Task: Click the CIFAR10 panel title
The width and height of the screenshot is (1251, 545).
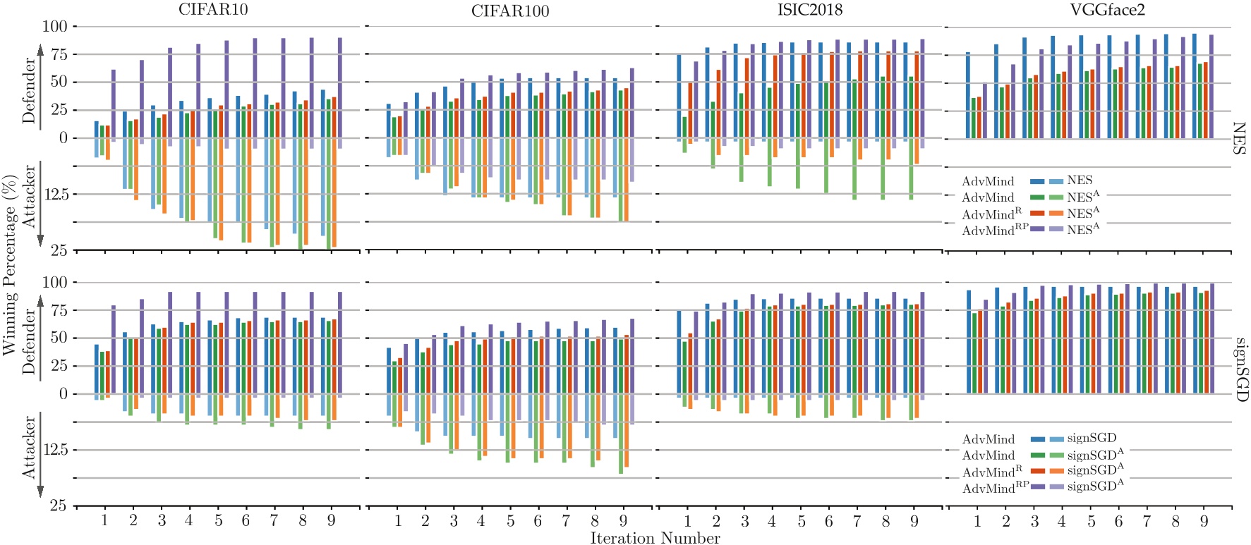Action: (x=213, y=10)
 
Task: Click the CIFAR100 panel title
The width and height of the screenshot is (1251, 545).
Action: (x=510, y=11)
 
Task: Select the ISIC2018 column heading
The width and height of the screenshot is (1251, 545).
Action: (x=810, y=10)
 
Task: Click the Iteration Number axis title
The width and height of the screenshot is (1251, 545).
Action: (x=655, y=538)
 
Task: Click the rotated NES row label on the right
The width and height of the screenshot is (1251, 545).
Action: (x=1239, y=138)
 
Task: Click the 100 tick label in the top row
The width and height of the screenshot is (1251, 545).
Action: (x=55, y=27)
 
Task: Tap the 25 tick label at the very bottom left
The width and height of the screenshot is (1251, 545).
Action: (x=59, y=506)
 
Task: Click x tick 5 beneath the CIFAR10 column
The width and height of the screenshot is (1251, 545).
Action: (x=218, y=520)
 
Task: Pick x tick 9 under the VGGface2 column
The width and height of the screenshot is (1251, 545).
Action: (x=1204, y=521)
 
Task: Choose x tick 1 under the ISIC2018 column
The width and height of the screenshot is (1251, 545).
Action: (x=688, y=521)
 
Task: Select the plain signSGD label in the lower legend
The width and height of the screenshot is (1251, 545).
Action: (x=1092, y=439)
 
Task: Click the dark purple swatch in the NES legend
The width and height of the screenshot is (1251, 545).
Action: (x=1037, y=229)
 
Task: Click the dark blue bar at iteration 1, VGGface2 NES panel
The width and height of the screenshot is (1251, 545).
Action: (x=968, y=95)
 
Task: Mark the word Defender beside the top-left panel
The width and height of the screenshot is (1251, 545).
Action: (x=29, y=90)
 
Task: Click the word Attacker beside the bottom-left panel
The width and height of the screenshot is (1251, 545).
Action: (x=29, y=447)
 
